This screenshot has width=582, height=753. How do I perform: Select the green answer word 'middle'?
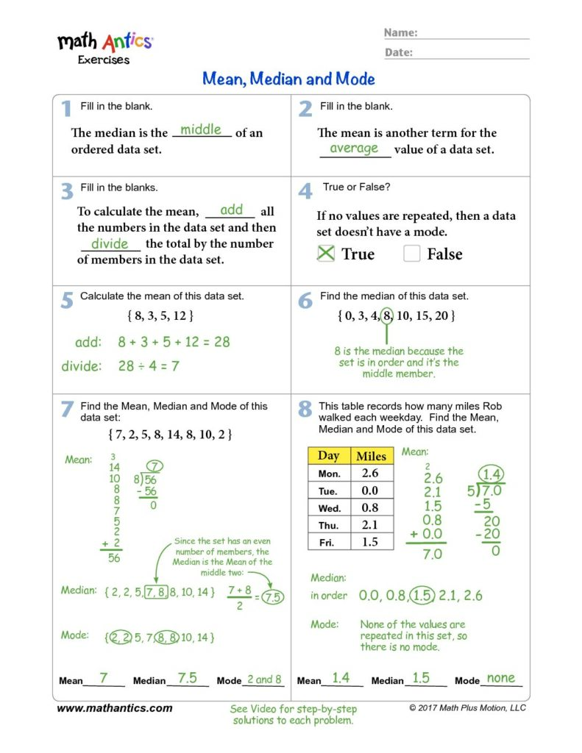[201, 129]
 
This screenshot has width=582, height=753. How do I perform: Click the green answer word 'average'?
[354, 148]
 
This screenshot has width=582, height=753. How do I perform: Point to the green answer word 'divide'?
[110, 243]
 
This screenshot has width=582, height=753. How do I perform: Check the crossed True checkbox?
[325, 254]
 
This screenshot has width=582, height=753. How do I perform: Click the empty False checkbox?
[412, 254]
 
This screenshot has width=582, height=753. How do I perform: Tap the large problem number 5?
[67, 300]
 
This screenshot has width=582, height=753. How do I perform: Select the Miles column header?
[371, 456]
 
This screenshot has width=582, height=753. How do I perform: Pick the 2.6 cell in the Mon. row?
[370, 474]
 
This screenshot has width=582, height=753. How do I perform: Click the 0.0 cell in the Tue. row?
[370, 490]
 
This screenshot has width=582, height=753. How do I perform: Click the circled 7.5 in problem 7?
[273, 597]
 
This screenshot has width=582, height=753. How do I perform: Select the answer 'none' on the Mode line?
[501, 678]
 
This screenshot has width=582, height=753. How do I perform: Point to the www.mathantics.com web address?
[115, 708]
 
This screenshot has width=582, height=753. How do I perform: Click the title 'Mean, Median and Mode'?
[288, 79]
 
